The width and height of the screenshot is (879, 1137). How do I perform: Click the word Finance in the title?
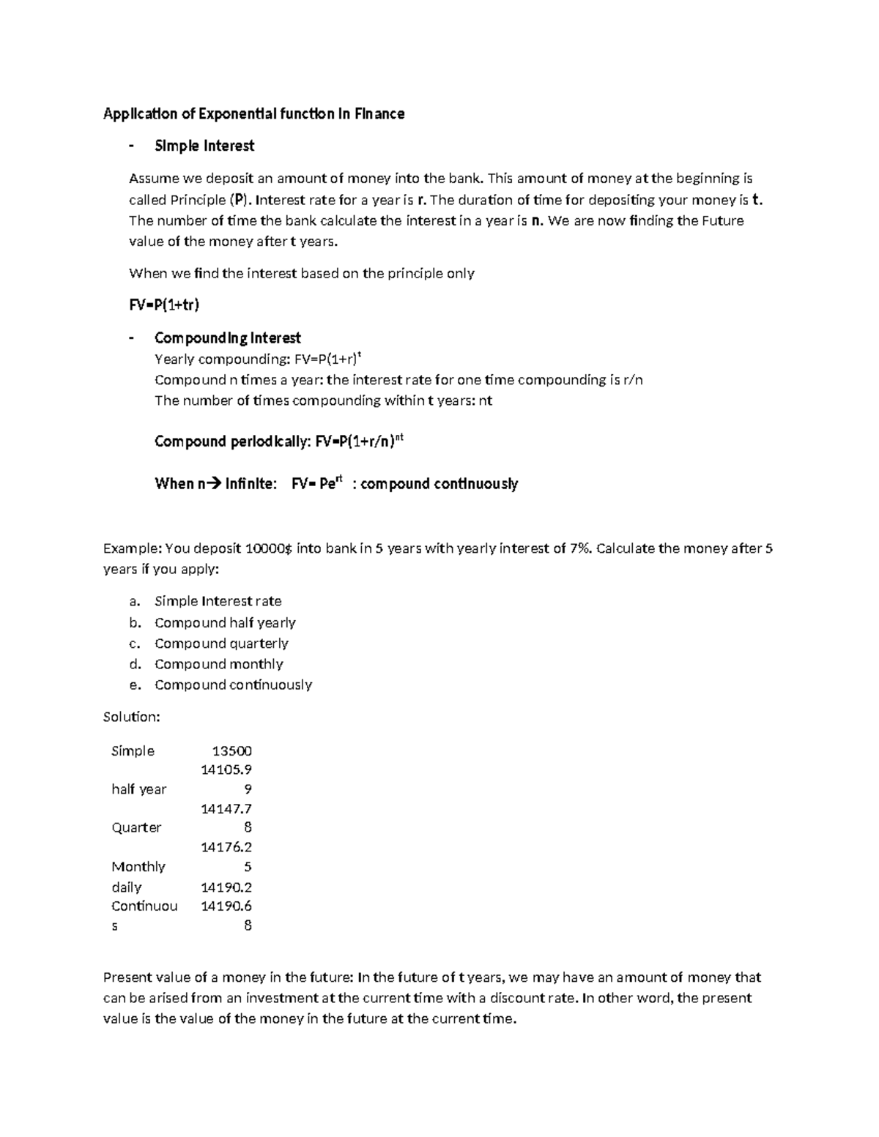(x=379, y=113)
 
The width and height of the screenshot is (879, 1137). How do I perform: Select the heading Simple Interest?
(x=204, y=146)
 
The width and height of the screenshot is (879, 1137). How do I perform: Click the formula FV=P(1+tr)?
(x=164, y=305)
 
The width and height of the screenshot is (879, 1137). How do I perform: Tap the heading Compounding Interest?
(x=228, y=338)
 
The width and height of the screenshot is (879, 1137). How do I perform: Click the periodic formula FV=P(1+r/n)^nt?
(x=359, y=441)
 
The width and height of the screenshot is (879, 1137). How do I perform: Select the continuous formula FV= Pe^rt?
(x=316, y=484)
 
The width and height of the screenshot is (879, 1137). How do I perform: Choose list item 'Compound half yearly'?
(x=225, y=622)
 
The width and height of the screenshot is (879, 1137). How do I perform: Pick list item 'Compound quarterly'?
(x=221, y=644)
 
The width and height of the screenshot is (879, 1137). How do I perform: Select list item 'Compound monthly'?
(x=219, y=664)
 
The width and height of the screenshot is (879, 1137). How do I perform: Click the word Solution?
(x=132, y=717)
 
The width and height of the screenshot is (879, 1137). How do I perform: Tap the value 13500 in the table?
(x=231, y=751)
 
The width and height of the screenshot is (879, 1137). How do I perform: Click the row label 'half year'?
(x=138, y=789)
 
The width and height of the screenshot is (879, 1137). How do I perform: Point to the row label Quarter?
(x=136, y=827)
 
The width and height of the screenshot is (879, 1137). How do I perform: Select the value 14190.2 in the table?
(x=226, y=887)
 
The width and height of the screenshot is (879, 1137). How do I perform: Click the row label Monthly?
(x=138, y=867)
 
